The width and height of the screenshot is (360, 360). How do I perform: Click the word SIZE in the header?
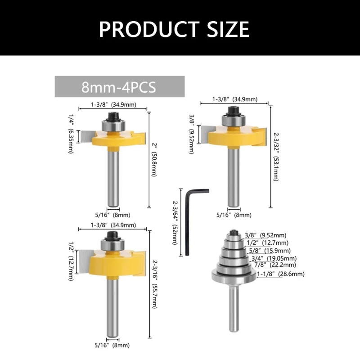point(228,29)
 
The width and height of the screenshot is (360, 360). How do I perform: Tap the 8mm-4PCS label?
point(119,87)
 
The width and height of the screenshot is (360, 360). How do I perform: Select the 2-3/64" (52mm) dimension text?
point(175,223)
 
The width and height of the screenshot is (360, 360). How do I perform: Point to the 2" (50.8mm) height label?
point(154,160)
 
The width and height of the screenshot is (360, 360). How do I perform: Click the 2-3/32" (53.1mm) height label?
point(276,157)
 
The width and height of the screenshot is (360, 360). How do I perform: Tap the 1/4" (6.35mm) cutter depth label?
point(71,134)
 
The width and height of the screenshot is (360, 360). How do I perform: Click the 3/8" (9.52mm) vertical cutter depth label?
point(192,134)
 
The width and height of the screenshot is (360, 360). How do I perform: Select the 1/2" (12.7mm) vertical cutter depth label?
point(71,261)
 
